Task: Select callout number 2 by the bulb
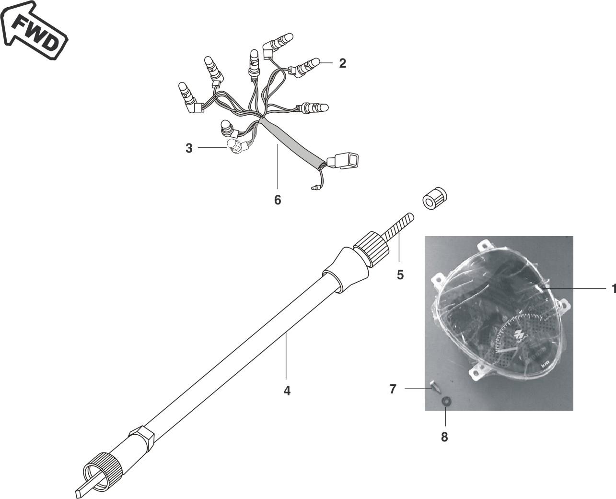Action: pyautogui.click(x=342, y=63)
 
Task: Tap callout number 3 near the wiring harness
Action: pyautogui.click(x=189, y=148)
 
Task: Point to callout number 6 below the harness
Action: pyautogui.click(x=278, y=200)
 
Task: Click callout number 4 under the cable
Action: pyautogui.click(x=287, y=391)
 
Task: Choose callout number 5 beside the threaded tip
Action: pyautogui.click(x=400, y=274)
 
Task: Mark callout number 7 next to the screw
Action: pyautogui.click(x=393, y=389)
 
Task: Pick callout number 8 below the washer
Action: pyautogui.click(x=444, y=437)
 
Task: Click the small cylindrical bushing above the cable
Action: pyautogui.click(x=435, y=199)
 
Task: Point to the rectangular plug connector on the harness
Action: pyautogui.click(x=343, y=161)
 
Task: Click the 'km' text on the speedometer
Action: pyautogui.click(x=545, y=366)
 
